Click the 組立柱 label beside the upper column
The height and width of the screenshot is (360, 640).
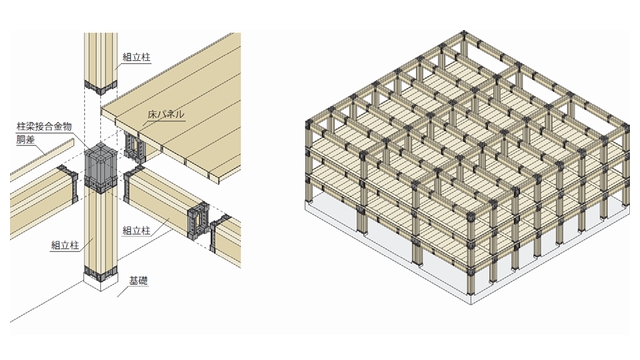137,57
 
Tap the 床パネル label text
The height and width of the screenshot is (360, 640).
166,114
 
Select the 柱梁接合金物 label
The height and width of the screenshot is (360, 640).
44,127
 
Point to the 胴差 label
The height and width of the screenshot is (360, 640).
26,140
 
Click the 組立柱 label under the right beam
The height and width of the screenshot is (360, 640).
136,231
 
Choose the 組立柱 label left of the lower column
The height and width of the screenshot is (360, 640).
65,245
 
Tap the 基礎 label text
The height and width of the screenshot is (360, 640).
138,281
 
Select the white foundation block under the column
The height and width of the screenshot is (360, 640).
100,281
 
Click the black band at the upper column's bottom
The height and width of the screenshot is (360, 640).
100,88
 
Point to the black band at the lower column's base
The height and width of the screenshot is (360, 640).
100,273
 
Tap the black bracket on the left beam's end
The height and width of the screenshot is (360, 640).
69,183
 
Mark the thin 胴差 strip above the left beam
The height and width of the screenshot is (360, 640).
42,159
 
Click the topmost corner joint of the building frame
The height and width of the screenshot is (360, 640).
463,33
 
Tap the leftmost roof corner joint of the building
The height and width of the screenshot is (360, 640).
310,122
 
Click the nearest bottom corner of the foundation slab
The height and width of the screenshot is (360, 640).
471,304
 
